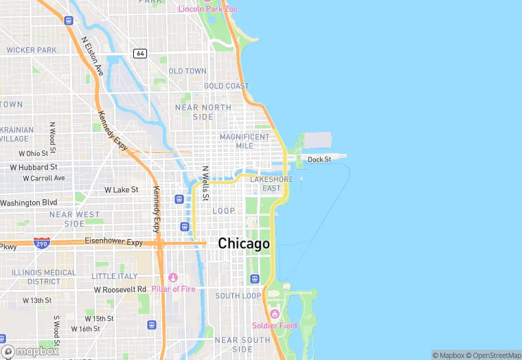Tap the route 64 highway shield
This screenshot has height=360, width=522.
(x=140, y=54)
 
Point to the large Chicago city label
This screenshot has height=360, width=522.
(x=244, y=244)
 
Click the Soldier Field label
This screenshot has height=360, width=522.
(x=274, y=325)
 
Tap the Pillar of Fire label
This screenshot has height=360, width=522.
(x=173, y=289)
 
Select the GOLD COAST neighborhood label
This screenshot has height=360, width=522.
(x=226, y=86)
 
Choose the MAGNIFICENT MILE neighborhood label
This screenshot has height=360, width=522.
(x=245, y=141)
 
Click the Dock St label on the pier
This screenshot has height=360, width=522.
(x=319, y=159)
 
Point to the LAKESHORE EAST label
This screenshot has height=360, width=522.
(x=271, y=183)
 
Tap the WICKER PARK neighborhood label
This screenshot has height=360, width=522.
(x=32, y=50)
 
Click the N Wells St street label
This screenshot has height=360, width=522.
(x=205, y=183)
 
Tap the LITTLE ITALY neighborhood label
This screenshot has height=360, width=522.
(x=115, y=276)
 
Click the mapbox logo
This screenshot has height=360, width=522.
(x=31, y=350)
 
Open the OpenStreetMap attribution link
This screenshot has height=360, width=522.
(x=495, y=355)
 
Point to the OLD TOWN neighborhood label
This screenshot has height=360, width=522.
(x=188, y=71)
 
